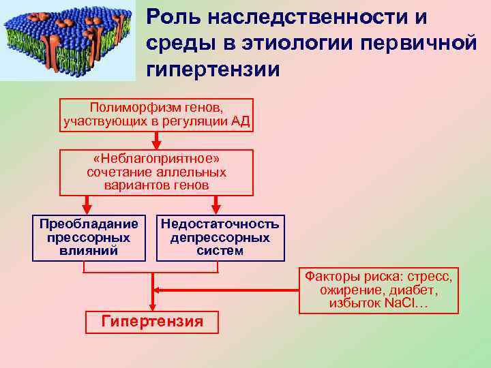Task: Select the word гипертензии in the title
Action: [213, 69]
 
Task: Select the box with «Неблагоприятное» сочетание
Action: [157, 172]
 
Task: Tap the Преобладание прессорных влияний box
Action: [89, 238]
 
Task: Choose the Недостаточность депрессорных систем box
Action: [220, 238]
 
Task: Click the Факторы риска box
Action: [378, 290]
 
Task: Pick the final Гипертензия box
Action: [152, 322]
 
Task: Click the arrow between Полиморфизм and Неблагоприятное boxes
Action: [157, 140]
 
